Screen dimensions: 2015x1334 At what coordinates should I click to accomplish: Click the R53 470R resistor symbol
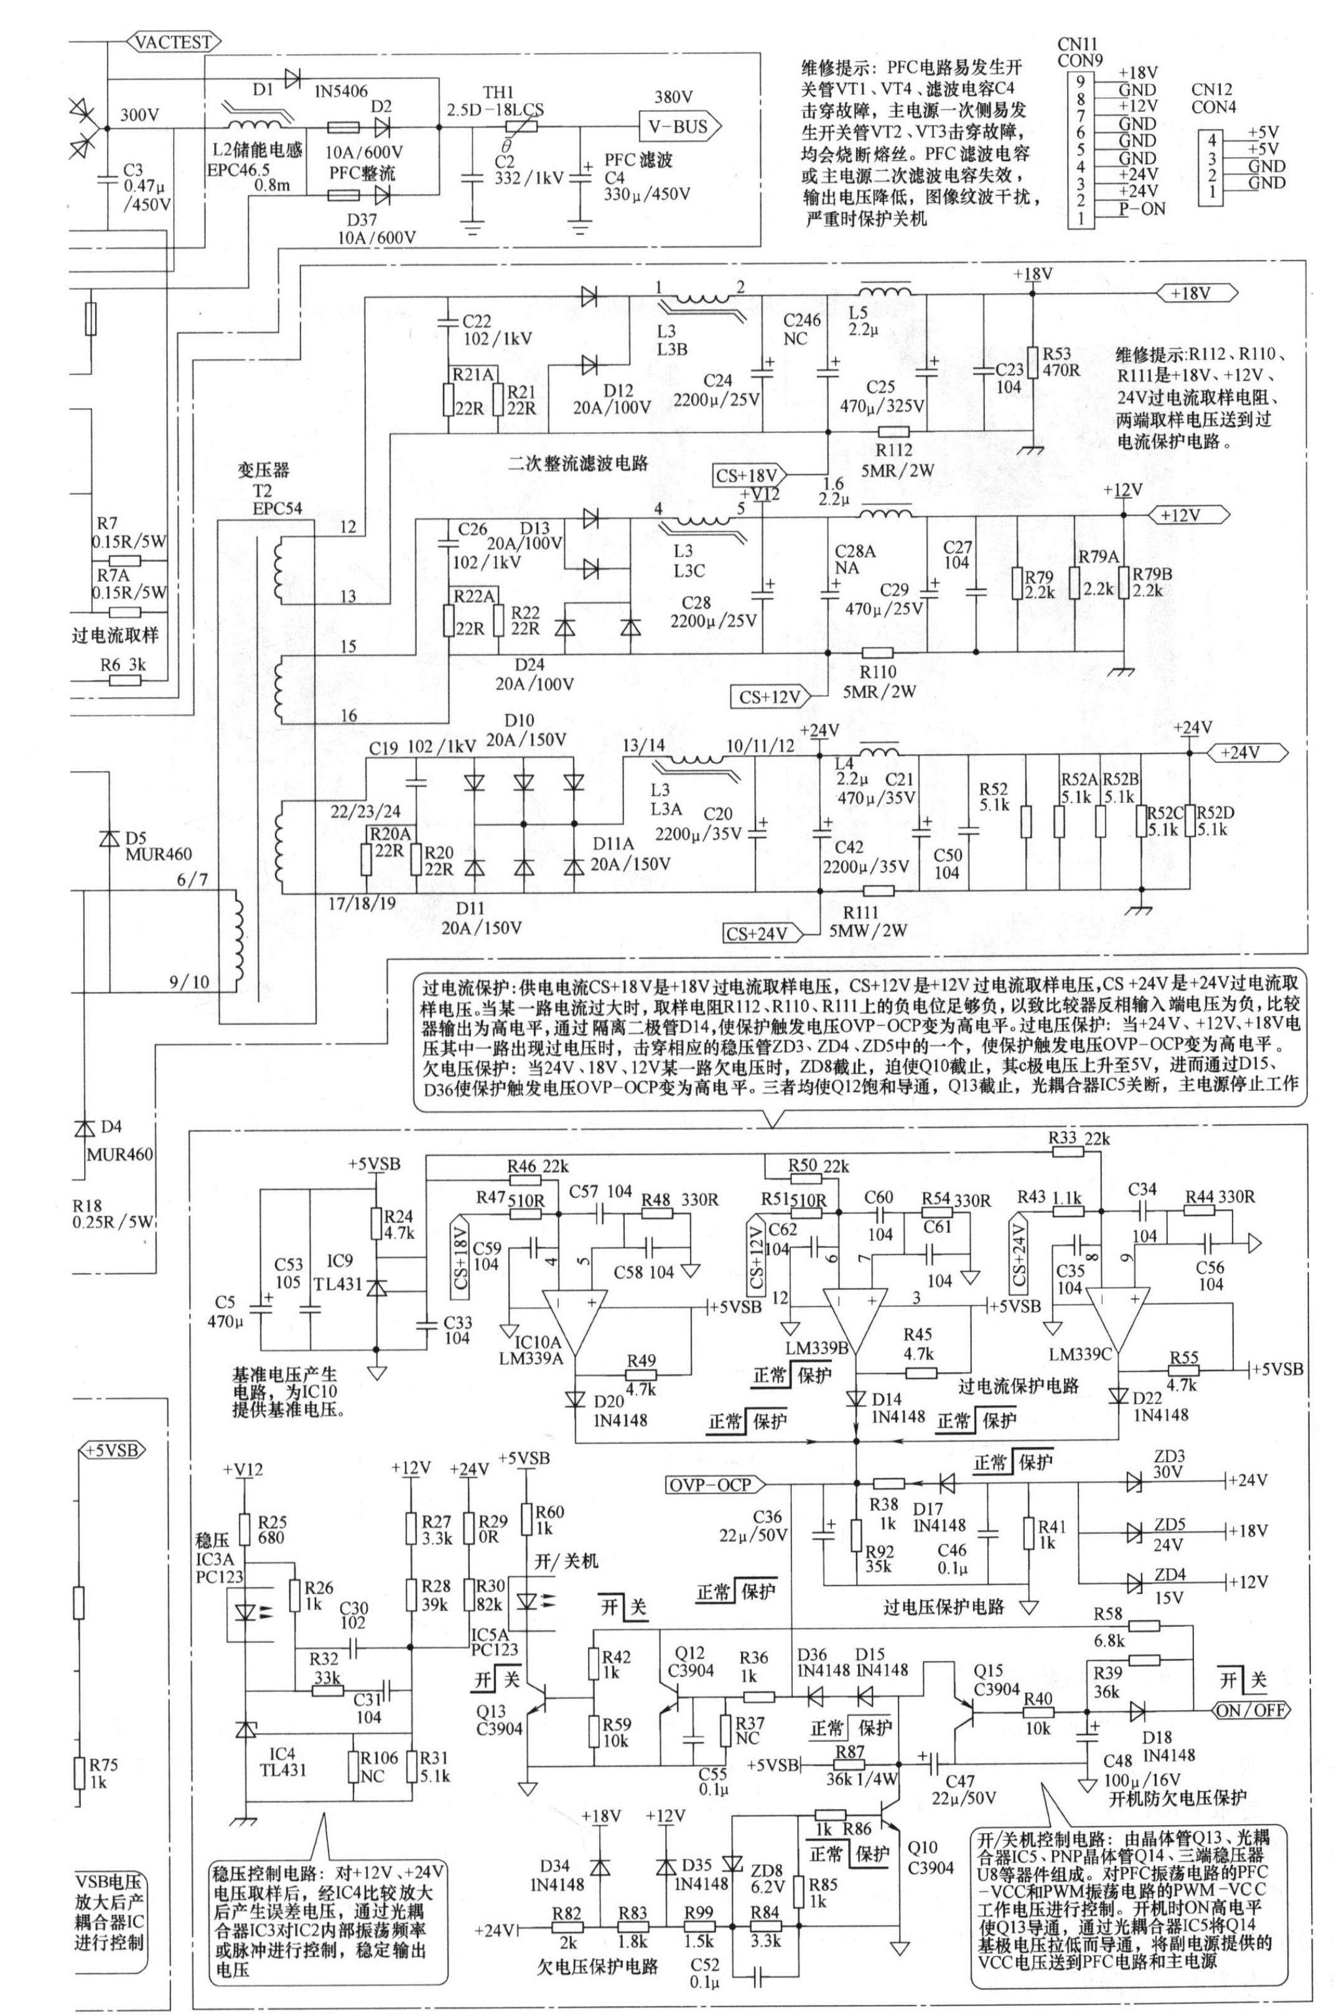point(1032,362)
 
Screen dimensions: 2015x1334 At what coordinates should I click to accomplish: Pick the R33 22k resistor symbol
point(1068,1152)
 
